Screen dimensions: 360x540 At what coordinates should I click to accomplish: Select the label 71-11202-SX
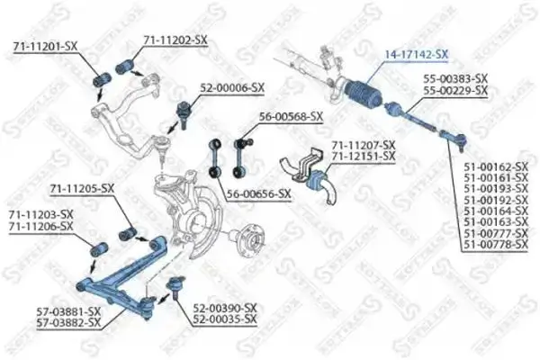click(x=176, y=40)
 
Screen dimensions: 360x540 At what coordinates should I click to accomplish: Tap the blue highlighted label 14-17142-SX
click(x=417, y=54)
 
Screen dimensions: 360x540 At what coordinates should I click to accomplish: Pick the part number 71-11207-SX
click(x=364, y=145)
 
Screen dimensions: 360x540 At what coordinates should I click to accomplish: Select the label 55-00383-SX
click(x=455, y=79)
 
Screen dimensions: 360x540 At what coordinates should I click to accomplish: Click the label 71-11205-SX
click(x=82, y=188)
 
